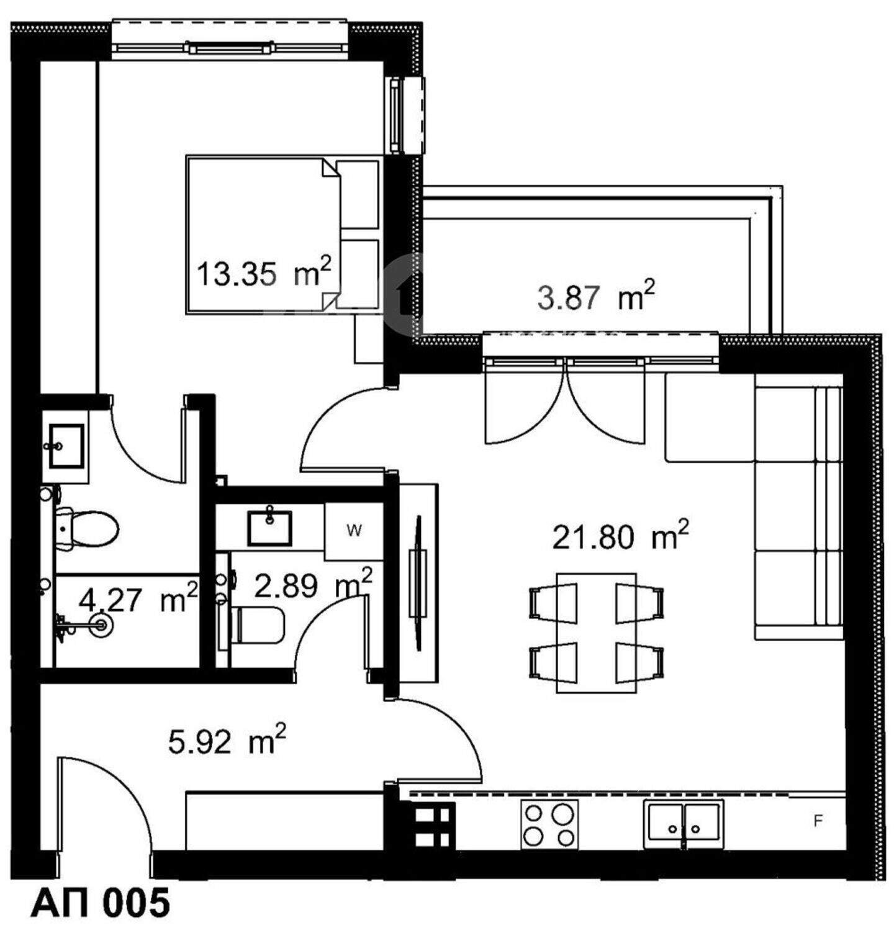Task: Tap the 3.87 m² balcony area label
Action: click(596, 296)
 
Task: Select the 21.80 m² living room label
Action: click(620, 536)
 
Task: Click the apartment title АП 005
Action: click(100, 903)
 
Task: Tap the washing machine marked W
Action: click(354, 531)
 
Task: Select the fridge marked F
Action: click(818, 821)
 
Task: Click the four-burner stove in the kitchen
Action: click(549, 824)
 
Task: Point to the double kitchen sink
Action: click(684, 824)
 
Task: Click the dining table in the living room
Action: click(597, 633)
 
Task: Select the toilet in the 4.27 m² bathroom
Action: click(88, 528)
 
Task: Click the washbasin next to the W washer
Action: click(269, 527)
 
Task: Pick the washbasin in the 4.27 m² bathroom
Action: click(66, 445)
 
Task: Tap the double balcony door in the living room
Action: click(565, 403)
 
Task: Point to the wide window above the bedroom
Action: click(230, 42)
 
